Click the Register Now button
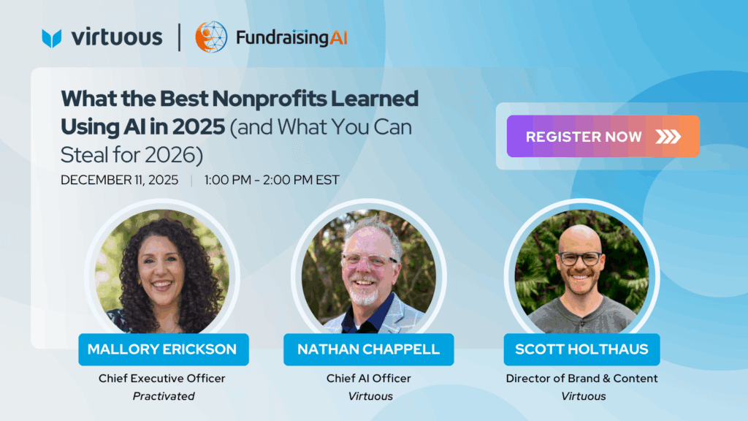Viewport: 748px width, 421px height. pyautogui.click(x=603, y=137)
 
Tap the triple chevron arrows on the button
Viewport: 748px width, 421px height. pyautogui.click(x=668, y=137)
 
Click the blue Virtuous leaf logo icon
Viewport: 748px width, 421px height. pyautogui.click(x=52, y=38)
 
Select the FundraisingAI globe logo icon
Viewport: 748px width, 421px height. pyautogui.click(x=211, y=37)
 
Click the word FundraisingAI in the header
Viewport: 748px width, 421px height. pyautogui.click(x=291, y=38)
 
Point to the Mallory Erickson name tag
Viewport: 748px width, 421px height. pyautogui.click(x=164, y=349)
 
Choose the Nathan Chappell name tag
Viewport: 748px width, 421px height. pyautogui.click(x=369, y=349)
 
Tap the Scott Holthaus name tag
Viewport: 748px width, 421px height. pyautogui.click(x=582, y=349)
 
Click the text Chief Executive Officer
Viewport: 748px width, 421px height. pyautogui.click(x=161, y=379)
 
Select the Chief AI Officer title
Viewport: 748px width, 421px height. pyautogui.click(x=369, y=379)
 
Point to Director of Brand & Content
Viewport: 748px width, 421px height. pyautogui.click(x=582, y=379)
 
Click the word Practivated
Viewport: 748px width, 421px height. pyautogui.click(x=164, y=396)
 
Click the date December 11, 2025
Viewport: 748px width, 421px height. pyautogui.click(x=119, y=180)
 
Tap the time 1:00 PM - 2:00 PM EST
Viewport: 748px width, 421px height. pyautogui.click(x=272, y=180)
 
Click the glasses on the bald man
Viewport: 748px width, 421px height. pyautogui.click(x=581, y=259)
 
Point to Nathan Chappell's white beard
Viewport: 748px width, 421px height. pyautogui.click(x=365, y=296)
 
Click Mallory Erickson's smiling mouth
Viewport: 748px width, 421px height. pyautogui.click(x=162, y=285)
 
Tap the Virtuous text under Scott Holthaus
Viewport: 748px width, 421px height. pyautogui.click(x=584, y=396)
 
